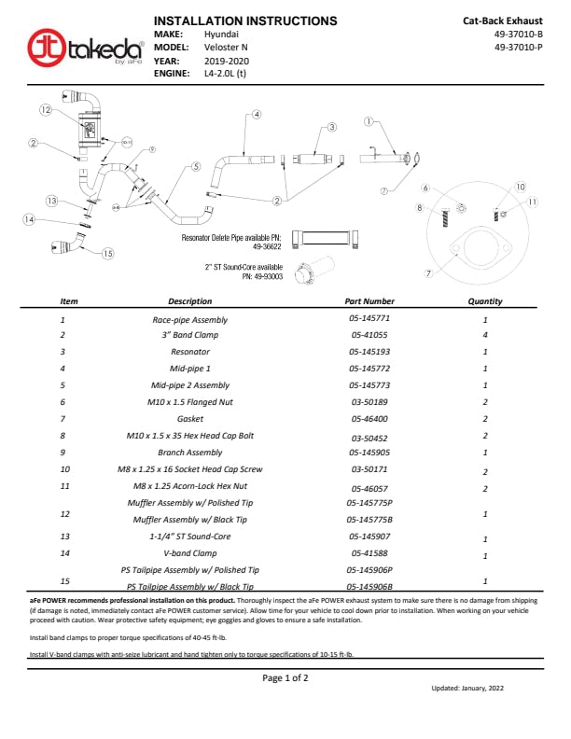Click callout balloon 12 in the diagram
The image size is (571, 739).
coord(45,109)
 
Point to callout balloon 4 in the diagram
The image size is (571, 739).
coord(256,114)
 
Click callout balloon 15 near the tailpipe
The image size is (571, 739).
coord(107,253)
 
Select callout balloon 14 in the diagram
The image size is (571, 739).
coord(29,220)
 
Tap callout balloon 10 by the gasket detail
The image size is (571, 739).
coord(521,187)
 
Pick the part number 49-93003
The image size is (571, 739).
coord(261,276)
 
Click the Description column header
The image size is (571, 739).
coord(190,301)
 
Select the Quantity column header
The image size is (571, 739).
coord(485,301)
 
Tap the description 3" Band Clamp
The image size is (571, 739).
coord(190,335)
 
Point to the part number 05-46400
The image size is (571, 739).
coord(369,419)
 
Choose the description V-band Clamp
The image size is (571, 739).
coord(190,553)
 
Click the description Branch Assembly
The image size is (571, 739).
coord(190,453)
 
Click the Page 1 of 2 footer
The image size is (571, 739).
coord(285,677)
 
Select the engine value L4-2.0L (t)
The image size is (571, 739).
coord(225,73)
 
